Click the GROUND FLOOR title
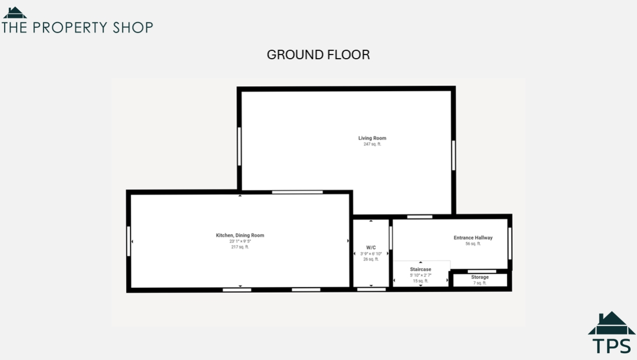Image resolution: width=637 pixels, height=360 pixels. [318, 55]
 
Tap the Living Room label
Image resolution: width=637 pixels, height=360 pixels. [372, 138]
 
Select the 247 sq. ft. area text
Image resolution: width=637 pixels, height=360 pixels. [372, 144]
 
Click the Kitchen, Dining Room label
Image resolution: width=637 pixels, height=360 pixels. [240, 235]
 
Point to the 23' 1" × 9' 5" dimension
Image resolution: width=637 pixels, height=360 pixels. [240, 241]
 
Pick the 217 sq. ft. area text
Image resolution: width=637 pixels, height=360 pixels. [240, 247]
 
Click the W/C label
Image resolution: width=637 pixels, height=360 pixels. [371, 248]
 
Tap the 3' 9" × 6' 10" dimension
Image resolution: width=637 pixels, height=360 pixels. [371, 253]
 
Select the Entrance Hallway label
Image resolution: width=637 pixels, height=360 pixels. [473, 238]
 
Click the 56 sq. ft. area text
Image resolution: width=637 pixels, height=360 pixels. [473, 244]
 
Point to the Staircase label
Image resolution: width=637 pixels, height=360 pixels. [420, 269]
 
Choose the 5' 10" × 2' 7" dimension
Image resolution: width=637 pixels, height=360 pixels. [420, 275]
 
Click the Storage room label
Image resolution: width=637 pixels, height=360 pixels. [479, 277]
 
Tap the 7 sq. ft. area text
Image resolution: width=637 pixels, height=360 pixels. [479, 283]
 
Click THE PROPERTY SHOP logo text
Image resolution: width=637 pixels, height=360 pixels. [77, 27]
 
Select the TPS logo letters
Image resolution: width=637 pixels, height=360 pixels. [611, 346]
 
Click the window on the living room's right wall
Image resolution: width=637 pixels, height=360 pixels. [453, 155]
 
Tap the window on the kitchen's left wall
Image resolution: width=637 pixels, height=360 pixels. [128, 241]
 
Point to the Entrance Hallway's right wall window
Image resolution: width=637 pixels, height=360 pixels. [510, 243]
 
